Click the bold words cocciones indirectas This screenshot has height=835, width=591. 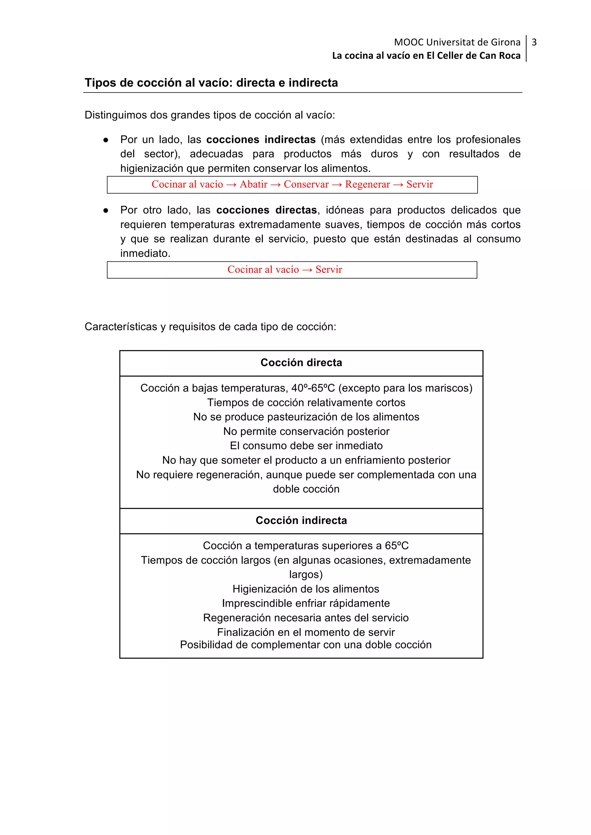tap(261, 140)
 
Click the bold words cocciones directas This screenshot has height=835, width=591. tap(266, 210)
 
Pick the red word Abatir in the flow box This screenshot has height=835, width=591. tap(253, 184)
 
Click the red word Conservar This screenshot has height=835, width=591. tap(306, 184)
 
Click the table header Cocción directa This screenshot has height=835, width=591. tap(301, 363)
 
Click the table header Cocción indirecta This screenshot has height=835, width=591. tap(301, 520)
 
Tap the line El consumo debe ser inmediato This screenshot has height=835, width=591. tap(306, 446)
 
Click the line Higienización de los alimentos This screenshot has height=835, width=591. tap(306, 589)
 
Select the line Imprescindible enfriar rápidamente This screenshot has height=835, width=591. tap(306, 603)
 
